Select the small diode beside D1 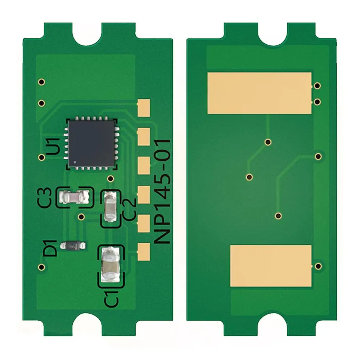pos(73,246)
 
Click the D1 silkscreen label pos(51,248)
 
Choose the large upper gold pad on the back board pos(259,93)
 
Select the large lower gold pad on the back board pos(270,266)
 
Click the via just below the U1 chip pos(111,179)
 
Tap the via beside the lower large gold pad pos(318,266)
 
